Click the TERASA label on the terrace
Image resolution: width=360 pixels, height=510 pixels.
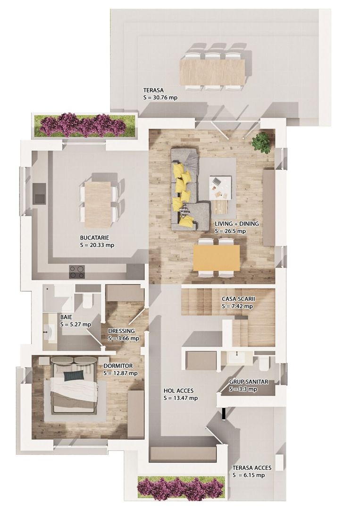153,90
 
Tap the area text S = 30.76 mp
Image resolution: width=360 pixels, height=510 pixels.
160,98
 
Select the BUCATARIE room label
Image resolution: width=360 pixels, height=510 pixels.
94,238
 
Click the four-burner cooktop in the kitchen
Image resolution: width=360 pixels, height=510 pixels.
77,272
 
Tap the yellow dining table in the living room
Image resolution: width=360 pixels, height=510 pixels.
217,258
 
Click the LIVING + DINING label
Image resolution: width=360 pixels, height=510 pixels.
237,224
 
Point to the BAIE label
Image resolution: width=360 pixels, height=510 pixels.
66,317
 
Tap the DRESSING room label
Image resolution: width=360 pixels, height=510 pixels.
121,331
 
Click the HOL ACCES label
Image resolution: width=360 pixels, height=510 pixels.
178,391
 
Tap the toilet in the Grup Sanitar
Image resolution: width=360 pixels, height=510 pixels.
265,364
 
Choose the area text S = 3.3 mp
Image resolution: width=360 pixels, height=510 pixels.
243,389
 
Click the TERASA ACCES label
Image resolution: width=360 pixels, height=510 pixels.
252,468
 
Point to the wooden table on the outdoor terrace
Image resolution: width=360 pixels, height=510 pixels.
212,71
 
